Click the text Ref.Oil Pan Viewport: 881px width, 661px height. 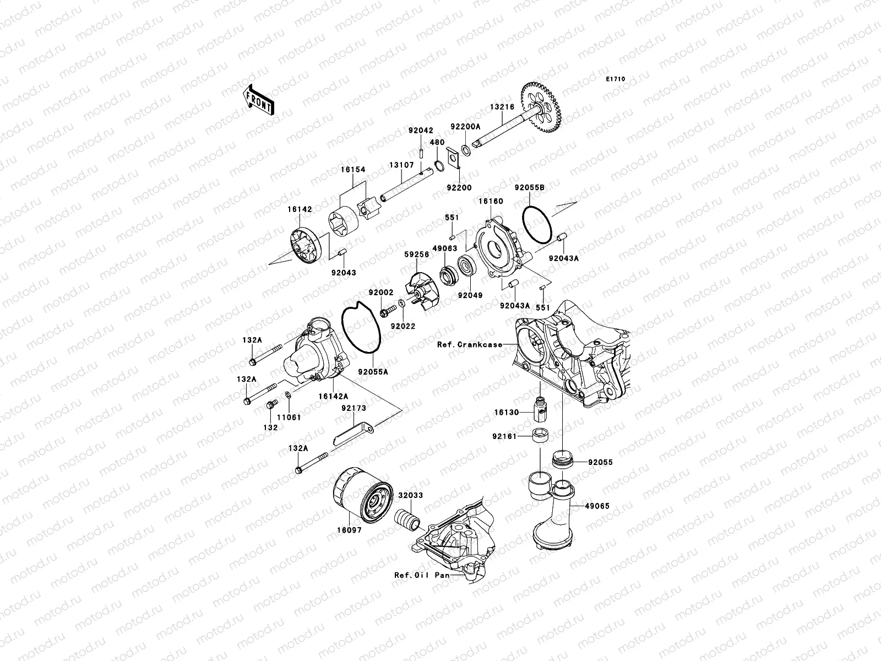click(x=421, y=575)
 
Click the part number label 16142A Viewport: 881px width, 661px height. click(x=332, y=396)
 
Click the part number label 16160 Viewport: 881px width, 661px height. click(x=491, y=202)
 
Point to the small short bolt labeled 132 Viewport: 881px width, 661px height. click(x=270, y=405)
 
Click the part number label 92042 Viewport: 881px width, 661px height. click(x=421, y=131)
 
